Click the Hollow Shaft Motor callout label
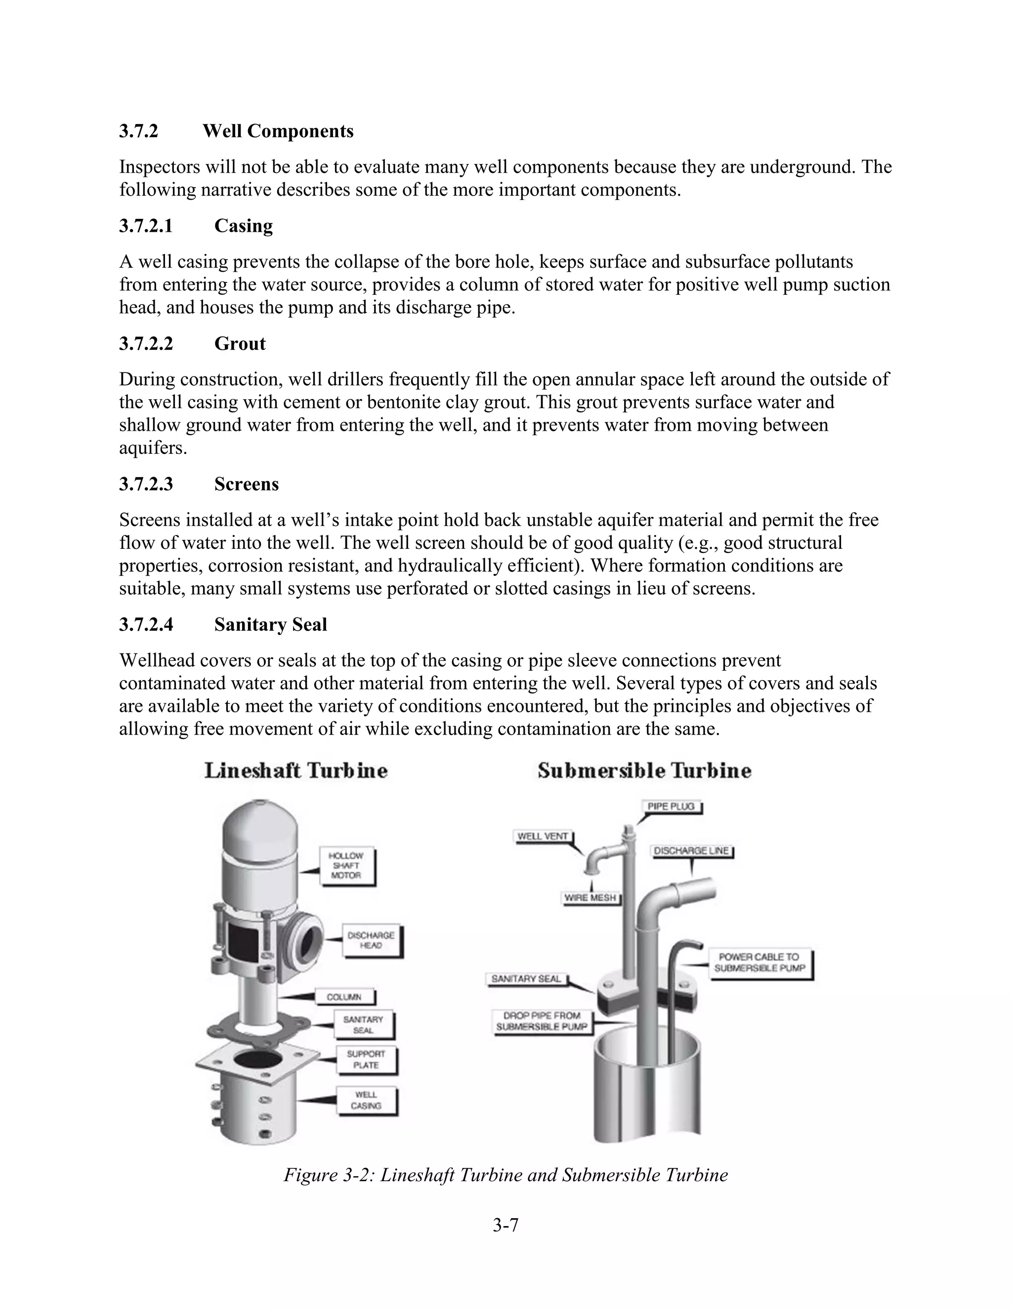346,865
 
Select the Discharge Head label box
371,940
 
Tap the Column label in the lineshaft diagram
344,997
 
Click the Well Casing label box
366,1101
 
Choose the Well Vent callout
543,836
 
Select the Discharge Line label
691,851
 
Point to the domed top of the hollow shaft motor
259,821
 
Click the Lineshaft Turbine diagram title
296,771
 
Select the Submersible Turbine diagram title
644,771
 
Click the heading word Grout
240,344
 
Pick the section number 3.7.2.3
146,484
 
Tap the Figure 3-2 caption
506,1175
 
